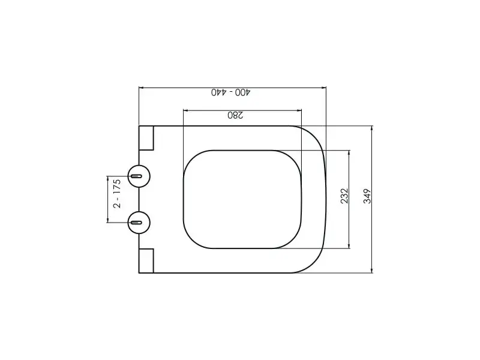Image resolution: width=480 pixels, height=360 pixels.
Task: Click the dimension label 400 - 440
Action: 230,92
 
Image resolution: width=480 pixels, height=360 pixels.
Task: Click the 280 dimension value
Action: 235,115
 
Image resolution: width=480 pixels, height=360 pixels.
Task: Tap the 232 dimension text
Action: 344,196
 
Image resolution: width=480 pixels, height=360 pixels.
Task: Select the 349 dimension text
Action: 367,196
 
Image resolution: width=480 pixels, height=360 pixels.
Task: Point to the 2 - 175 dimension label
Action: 117,193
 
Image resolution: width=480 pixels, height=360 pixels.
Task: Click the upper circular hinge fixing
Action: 139,176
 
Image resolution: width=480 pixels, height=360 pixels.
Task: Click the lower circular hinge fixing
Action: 139,222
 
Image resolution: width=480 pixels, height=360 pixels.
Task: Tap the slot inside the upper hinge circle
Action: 136,176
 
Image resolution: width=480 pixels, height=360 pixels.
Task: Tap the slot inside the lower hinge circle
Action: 136,223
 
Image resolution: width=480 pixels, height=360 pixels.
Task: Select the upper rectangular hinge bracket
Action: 146,138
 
